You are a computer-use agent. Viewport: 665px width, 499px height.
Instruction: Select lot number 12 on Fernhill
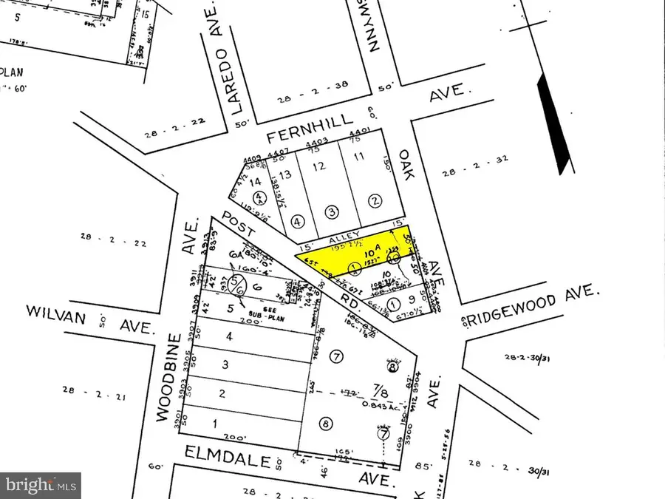tap(319, 166)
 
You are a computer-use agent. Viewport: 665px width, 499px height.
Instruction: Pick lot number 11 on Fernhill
tap(360, 157)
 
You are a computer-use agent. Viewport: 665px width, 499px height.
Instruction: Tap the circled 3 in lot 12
tap(332, 213)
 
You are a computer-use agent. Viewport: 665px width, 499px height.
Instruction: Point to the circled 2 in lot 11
tap(375, 200)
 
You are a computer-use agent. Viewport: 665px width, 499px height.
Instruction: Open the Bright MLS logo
tap(41, 486)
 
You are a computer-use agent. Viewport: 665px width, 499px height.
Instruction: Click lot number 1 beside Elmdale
tap(215, 424)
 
